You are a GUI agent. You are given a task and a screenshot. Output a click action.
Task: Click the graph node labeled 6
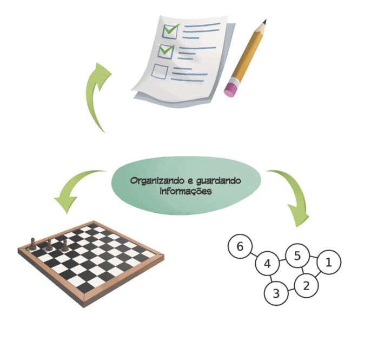pos(240,247)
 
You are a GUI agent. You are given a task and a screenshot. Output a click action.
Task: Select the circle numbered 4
pos(267,264)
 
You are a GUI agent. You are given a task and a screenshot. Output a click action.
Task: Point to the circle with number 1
pos(328,263)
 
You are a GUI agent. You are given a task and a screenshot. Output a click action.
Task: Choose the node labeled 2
pos(306,285)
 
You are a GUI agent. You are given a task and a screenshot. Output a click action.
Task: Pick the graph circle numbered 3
pos(276,294)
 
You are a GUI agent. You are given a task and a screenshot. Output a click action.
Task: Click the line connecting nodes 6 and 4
pos(253,256)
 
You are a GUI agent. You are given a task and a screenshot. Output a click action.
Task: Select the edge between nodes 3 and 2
pos(291,290)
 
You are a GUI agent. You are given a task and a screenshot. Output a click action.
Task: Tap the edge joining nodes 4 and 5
pos(282,260)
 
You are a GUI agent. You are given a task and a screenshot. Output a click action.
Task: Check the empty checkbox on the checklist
pos(160,71)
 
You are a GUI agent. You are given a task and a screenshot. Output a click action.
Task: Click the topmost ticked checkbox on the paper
pos(171,31)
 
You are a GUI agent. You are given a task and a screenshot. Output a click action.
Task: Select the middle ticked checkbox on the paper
pos(165,51)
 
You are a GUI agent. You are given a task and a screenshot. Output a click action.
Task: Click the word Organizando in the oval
pos(155,181)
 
